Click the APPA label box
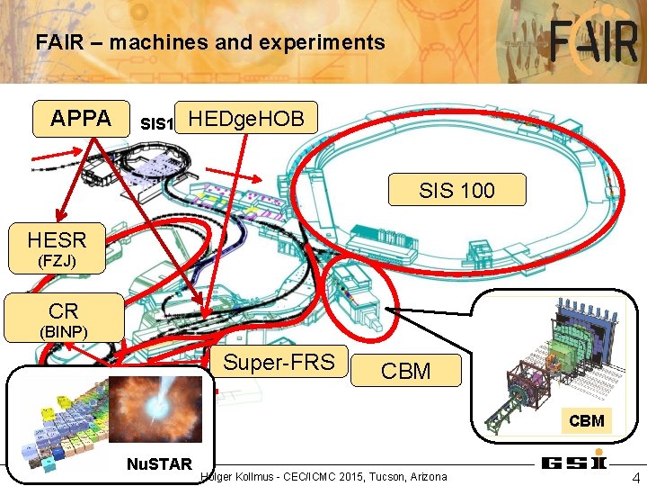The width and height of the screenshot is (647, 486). click(81, 119)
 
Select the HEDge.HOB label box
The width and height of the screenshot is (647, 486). click(246, 118)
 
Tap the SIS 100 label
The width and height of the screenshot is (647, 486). click(456, 191)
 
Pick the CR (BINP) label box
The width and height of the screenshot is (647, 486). click(64, 318)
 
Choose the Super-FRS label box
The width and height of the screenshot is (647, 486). click(279, 363)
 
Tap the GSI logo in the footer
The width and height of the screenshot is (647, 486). click(572, 463)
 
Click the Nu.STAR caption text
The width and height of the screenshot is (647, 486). click(159, 464)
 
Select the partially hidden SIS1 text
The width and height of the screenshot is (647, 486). click(156, 122)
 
